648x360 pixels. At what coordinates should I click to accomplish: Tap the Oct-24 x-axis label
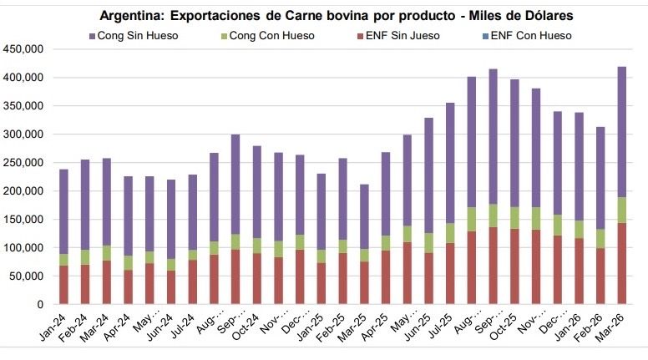click(x=251, y=325)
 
